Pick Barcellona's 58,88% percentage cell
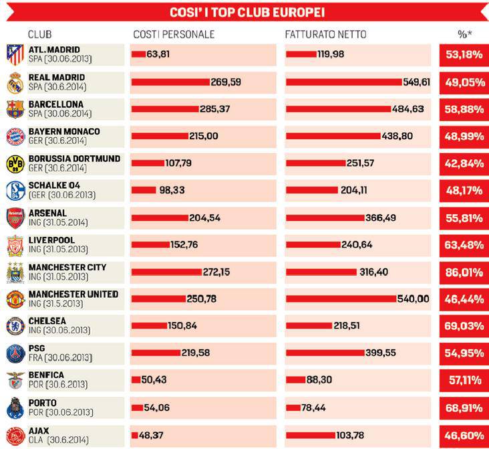pos(464,109)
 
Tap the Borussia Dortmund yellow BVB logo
pos(15,164)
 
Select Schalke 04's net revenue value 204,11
pos(354,191)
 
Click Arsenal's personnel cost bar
pos(160,218)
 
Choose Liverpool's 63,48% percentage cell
pos(464,245)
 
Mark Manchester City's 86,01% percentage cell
pos(464,272)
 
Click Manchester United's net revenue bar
pos(341,299)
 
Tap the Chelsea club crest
pos(15,327)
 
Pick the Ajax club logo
pos(15,435)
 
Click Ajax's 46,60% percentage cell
pos(464,436)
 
